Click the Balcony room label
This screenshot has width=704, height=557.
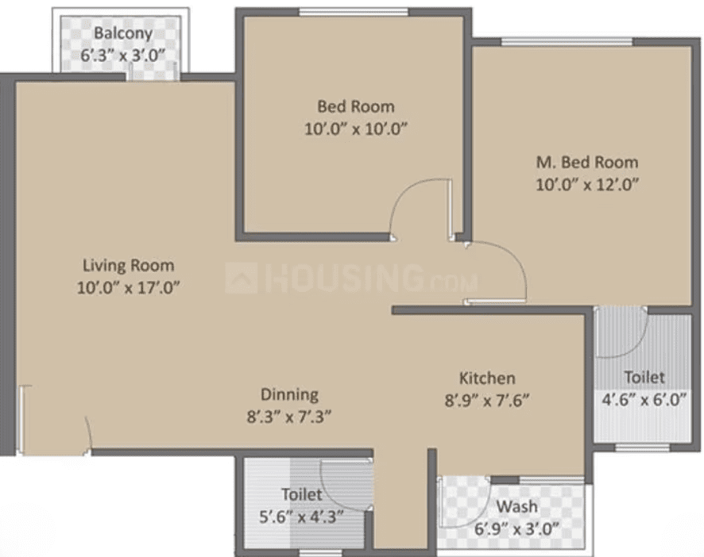[x=123, y=33]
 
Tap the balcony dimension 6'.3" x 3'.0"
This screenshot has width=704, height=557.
[x=122, y=56]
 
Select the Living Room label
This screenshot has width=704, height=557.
[x=129, y=266]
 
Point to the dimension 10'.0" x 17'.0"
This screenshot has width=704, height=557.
[x=129, y=287]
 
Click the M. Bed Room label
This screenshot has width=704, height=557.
[x=587, y=162]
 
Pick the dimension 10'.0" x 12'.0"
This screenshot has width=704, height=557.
[x=587, y=184]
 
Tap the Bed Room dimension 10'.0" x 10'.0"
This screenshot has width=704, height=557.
[x=356, y=129]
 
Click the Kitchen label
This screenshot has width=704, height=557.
[x=487, y=378]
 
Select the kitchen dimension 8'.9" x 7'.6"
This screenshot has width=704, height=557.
[x=487, y=400]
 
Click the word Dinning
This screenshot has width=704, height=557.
[x=289, y=394]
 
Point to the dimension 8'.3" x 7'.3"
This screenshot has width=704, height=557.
[x=289, y=417]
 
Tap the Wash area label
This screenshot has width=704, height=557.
[x=517, y=507]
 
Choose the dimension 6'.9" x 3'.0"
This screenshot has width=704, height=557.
[x=516, y=529]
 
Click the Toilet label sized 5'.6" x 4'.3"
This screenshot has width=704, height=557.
[x=302, y=494]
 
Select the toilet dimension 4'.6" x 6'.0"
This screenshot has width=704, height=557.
[x=644, y=399]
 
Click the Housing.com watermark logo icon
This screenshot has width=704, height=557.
[x=241, y=278]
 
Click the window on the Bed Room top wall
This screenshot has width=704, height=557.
[x=354, y=12]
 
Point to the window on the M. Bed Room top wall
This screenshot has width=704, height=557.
[x=567, y=42]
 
